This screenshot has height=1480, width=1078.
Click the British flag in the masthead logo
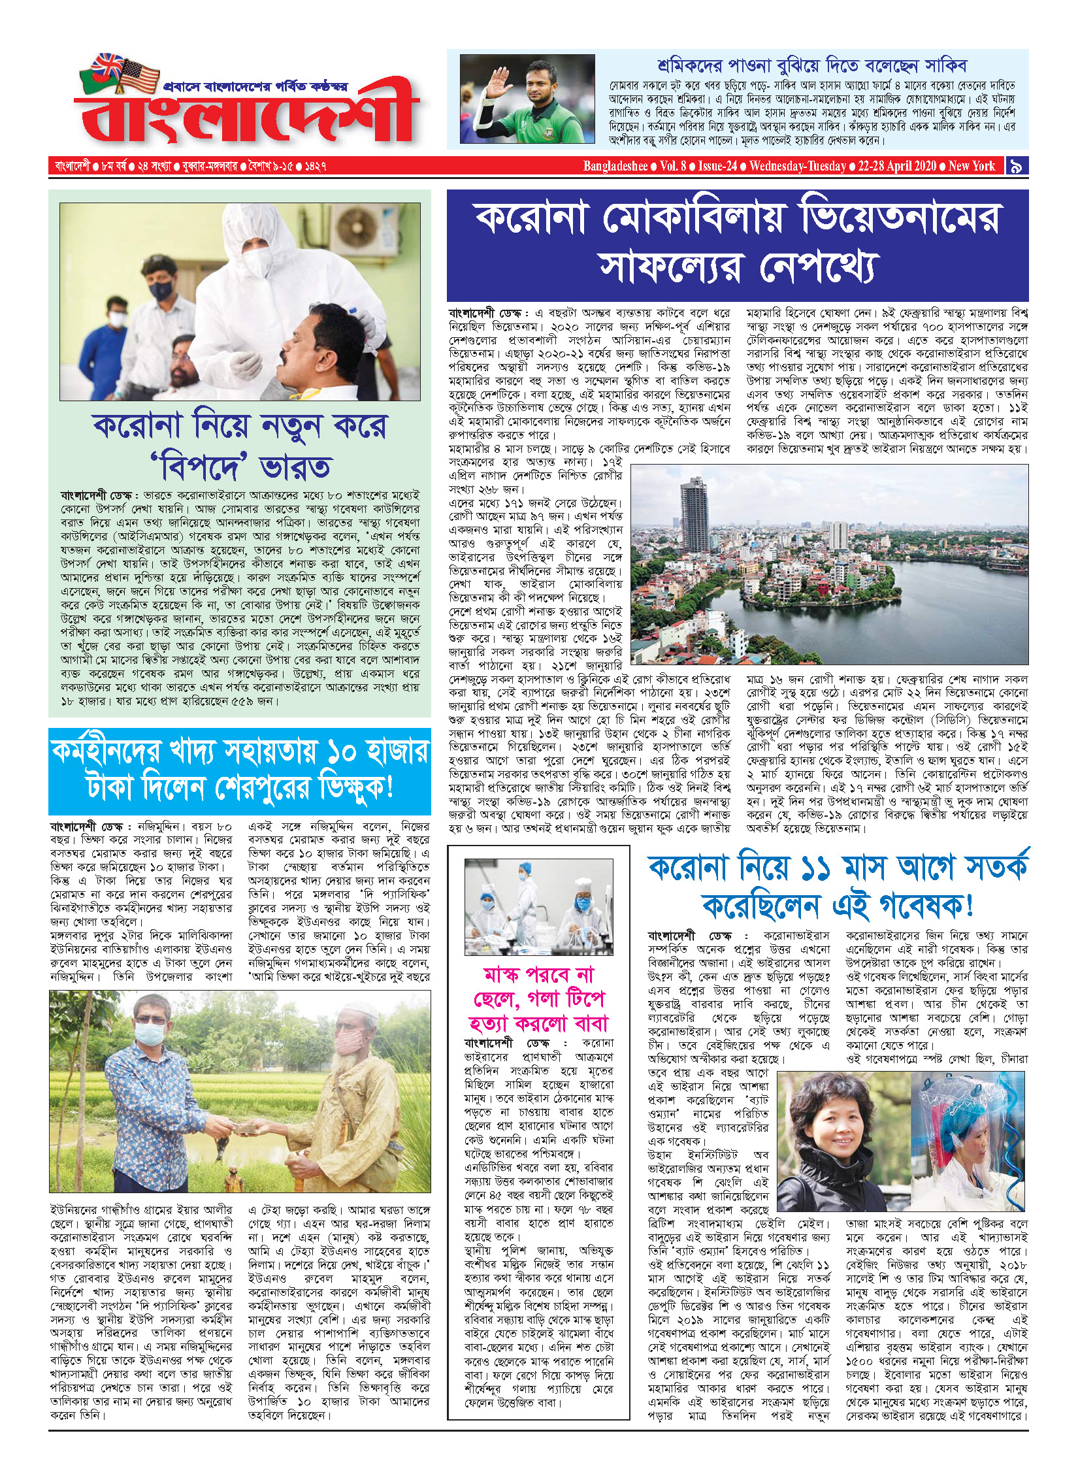[107, 66]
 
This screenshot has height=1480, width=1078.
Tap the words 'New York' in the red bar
[972, 166]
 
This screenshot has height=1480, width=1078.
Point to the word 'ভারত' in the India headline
[295, 467]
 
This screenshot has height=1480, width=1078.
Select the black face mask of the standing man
[161, 289]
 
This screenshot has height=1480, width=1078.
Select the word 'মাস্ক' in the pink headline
[505, 976]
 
